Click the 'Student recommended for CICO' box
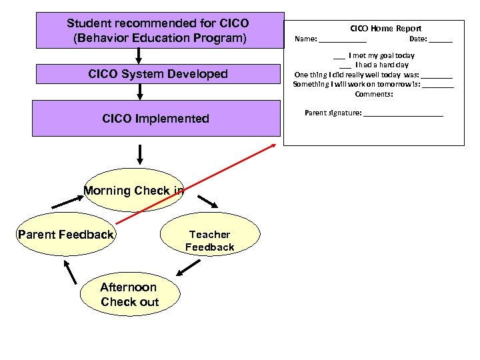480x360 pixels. pyautogui.click(x=158, y=31)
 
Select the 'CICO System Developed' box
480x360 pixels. pyautogui.click(x=158, y=74)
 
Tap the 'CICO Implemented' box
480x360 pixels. pyautogui.click(x=156, y=119)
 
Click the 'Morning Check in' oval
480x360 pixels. pyautogui.click(x=133, y=190)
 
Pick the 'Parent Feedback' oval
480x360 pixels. pyautogui.click(x=66, y=235)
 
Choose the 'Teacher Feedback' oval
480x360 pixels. pyautogui.click(x=209, y=241)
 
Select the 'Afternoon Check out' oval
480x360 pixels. pyautogui.click(x=129, y=295)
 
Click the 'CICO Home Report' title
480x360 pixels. pyautogui.click(x=386, y=29)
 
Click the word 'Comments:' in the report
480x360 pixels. pyautogui.click(x=373, y=94)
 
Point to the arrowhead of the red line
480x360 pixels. pyautogui.click(x=275, y=146)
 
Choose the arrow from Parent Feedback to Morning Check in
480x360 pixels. pyautogui.click(x=65, y=199)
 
